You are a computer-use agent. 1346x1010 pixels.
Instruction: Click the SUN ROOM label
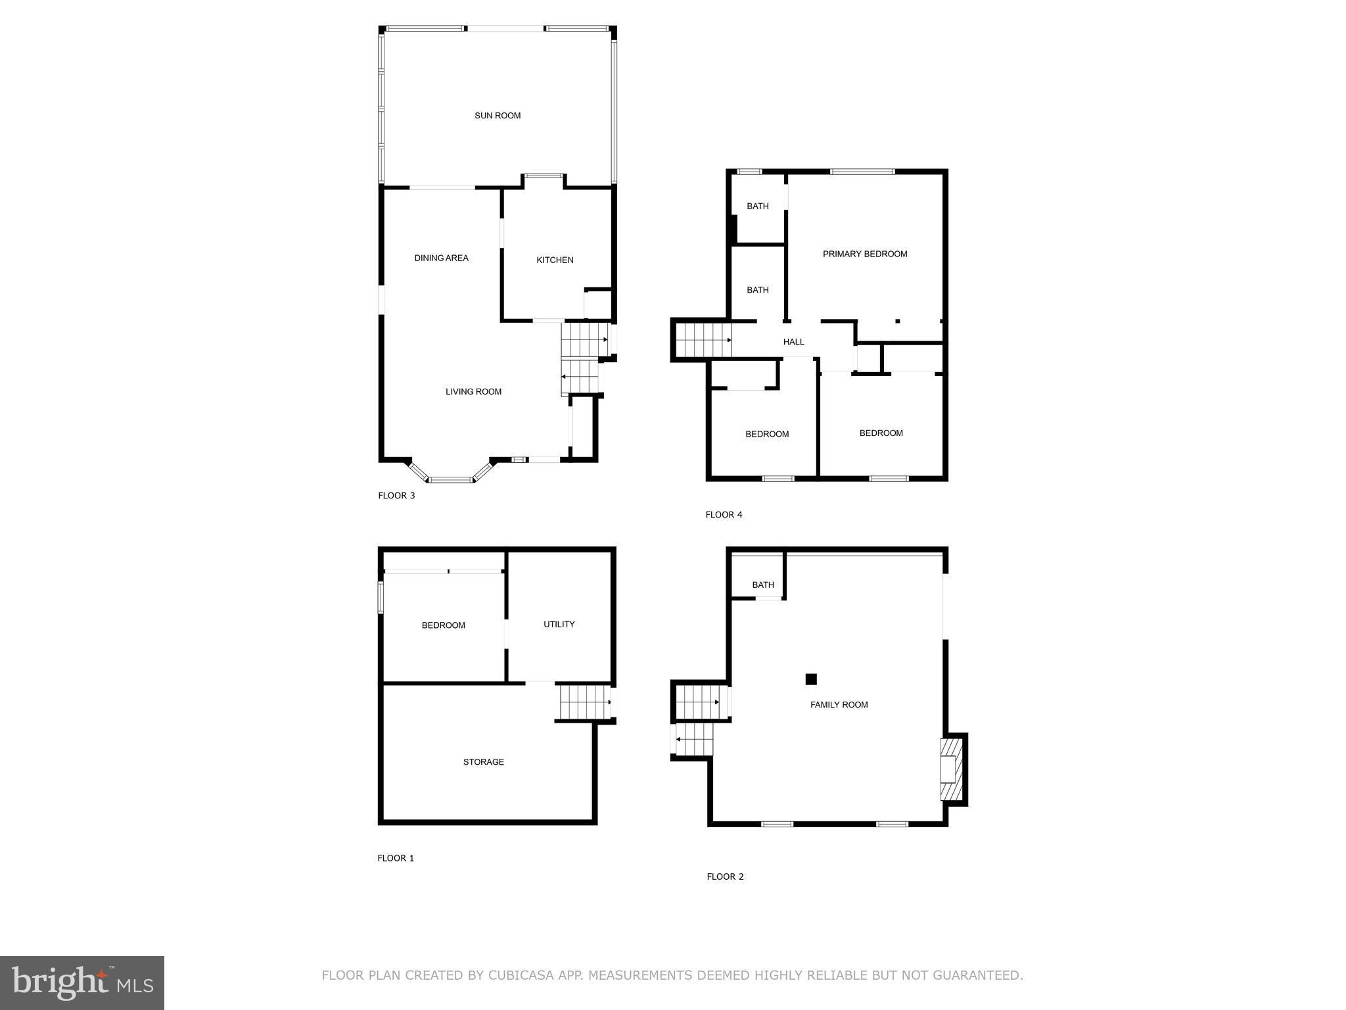pos(498,116)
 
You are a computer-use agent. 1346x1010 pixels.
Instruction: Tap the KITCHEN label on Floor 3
pos(555,260)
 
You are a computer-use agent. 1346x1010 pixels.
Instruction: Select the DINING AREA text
pos(441,258)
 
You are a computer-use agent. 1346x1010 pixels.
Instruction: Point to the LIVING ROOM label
pos(473,392)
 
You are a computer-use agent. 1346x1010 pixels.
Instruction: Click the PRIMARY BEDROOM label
pos(865,254)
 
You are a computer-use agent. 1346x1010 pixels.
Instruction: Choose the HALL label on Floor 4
pos(793,342)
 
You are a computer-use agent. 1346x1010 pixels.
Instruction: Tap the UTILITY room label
pos(559,625)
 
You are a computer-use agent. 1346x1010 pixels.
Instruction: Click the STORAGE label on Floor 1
pos(483,762)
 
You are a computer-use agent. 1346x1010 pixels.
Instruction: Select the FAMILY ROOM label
pos(839,705)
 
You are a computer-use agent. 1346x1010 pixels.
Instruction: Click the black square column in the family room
pos(811,679)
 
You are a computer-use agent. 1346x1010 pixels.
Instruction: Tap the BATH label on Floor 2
pos(762,585)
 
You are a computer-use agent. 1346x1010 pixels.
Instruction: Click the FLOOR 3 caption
pos(396,496)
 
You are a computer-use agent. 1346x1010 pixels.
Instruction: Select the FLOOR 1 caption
pos(396,858)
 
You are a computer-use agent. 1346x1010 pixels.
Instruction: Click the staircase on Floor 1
pos(584,702)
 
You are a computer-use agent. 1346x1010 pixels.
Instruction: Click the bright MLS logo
pos(82,982)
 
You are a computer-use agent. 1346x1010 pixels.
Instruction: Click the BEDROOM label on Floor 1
pos(443,625)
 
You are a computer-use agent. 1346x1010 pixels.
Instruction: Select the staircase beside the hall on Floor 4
pos(702,339)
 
